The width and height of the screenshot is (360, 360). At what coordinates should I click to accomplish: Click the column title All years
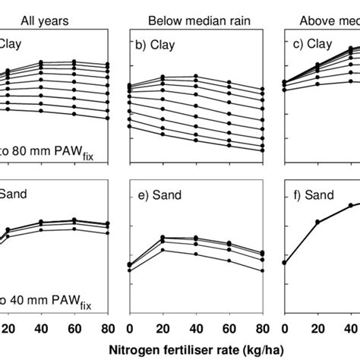44,21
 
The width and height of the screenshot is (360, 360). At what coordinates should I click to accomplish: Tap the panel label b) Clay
155,45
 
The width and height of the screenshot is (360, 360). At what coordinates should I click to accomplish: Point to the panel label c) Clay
310,45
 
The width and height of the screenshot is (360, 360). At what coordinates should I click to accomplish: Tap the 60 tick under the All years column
74,327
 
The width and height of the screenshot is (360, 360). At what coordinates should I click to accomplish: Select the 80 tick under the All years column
108,327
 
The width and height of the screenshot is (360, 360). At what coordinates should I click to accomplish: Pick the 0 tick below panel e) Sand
129,327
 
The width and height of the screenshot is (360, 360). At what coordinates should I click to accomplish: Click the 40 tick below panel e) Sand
196,327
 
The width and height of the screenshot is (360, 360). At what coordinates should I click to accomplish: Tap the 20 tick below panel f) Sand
318,327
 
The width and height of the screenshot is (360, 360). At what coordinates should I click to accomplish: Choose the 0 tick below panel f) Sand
285,327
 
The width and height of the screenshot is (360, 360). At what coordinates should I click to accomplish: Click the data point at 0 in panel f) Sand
285,263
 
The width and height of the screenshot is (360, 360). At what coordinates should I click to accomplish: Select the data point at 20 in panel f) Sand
318,222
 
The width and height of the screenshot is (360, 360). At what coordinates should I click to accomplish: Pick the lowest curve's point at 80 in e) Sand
263,270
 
